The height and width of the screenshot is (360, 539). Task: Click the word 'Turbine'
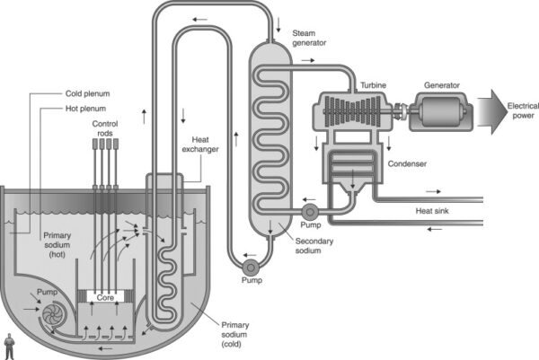(x=375, y=85)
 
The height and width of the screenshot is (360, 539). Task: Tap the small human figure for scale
(x=9, y=345)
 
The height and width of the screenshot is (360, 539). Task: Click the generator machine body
(x=442, y=113)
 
